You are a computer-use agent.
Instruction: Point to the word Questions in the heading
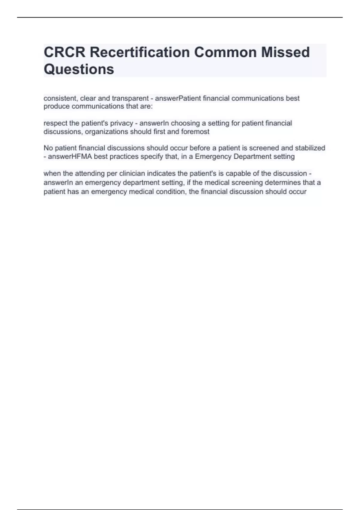click(79, 69)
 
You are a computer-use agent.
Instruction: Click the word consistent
click(61, 98)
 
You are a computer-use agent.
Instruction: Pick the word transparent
click(130, 98)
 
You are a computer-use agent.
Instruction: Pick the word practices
click(122, 157)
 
